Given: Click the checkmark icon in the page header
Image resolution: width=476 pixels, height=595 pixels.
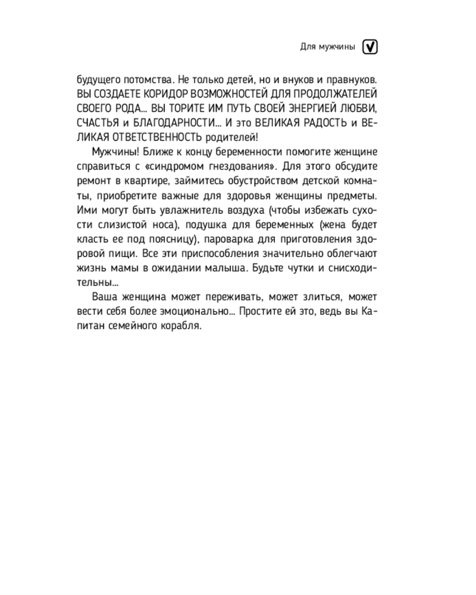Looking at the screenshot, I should click(370, 47).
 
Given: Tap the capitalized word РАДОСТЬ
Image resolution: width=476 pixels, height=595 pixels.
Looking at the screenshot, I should click(315, 124).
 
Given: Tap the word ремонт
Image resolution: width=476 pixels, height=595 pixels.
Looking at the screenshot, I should click(95, 181).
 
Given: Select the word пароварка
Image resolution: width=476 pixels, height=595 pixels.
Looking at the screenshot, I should click(234, 239).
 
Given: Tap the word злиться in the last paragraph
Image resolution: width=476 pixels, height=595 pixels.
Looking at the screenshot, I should click(320, 297).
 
